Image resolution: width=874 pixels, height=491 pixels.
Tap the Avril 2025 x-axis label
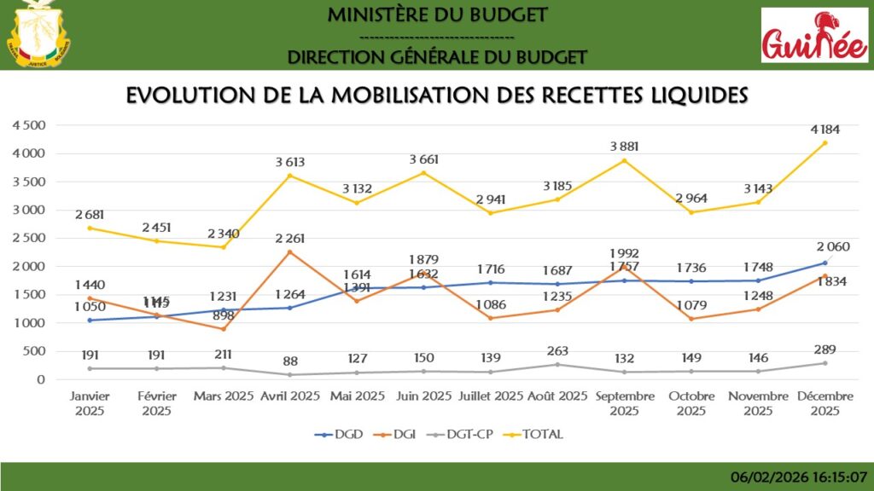289,396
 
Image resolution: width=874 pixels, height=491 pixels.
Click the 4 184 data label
824,130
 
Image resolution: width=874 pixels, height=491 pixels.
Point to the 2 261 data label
289,238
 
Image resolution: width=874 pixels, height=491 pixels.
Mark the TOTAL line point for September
624,160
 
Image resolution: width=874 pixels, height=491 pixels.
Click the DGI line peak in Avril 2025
289,251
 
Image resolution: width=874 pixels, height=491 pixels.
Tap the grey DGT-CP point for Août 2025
557,364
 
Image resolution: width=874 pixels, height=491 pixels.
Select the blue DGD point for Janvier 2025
89,320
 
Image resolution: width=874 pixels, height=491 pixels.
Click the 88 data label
289,361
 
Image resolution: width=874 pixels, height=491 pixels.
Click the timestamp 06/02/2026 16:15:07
801,477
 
